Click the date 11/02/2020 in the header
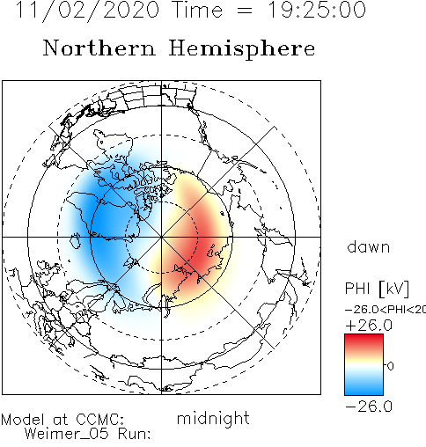[87, 11]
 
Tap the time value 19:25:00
[317, 10]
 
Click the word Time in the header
[198, 10]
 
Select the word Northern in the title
[99, 48]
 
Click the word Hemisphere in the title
[242, 49]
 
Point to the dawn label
[369, 247]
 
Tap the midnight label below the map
[213, 419]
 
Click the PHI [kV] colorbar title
[377, 289]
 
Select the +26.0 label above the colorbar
[369, 326]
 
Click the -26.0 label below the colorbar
[369, 407]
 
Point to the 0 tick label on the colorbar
[390, 366]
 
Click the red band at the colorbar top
[364, 341]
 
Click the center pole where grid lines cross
[161, 237]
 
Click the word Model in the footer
[23, 420]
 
